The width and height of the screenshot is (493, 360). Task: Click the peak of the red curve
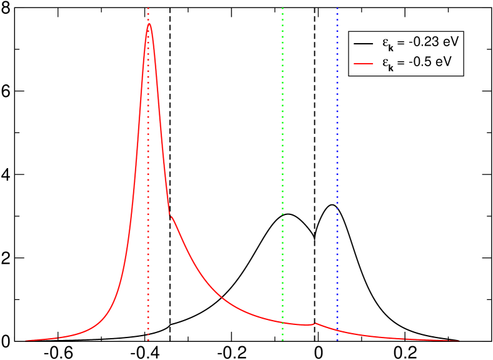[149, 24]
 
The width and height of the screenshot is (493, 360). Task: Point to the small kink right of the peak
[171, 217]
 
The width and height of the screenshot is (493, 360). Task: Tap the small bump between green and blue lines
[316, 323]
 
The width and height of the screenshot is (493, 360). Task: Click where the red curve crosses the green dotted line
[282, 322]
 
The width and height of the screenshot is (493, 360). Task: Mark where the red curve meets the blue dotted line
[337, 329]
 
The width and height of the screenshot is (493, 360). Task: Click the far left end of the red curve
[26, 341]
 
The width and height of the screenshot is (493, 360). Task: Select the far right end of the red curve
[460, 341]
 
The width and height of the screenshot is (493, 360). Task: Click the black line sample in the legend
[363, 44]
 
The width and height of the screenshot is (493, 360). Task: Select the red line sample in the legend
[363, 62]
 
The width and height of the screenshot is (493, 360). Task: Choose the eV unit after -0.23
[449, 43]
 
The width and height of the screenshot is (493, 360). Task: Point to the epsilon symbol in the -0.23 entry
[385, 43]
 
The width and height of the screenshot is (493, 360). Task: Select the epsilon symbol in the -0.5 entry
[385, 62]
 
